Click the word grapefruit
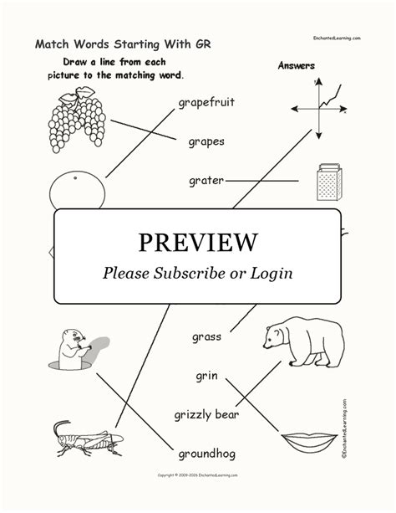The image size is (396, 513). pos(206,103)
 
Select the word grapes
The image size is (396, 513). pos(206,141)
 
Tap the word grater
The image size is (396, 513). pos(205,180)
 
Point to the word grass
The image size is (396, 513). pos(206,336)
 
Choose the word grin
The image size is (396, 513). pos(207,375)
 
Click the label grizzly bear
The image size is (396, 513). pos(206,414)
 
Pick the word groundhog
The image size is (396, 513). pos(207,454)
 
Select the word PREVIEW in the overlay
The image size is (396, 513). pos(197,242)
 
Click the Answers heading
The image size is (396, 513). pos(295,65)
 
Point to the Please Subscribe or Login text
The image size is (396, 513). pos(197,273)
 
